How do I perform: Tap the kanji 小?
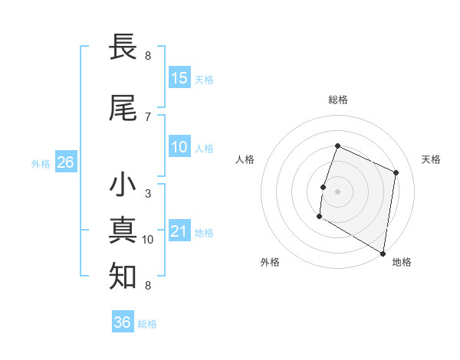click(123, 185)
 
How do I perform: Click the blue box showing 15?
click(179, 78)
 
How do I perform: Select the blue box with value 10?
click(179, 147)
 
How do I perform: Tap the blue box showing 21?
click(179, 231)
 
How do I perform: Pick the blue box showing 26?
click(65, 162)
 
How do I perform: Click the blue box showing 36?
click(123, 322)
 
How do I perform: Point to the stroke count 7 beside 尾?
click(148, 116)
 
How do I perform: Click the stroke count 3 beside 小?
click(148, 194)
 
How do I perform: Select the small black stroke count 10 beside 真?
click(148, 240)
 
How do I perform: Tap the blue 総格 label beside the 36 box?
click(147, 324)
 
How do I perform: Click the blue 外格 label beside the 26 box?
click(41, 163)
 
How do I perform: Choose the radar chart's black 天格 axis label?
click(432, 159)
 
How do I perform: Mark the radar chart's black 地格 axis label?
click(402, 262)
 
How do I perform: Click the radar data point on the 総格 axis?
click(337, 146)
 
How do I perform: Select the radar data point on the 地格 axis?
click(383, 253)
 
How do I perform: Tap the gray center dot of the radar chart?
click(337, 191)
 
